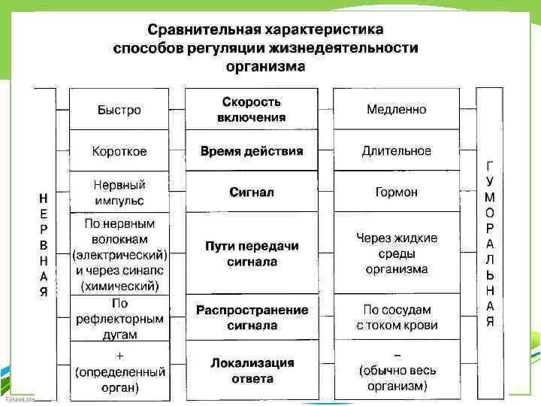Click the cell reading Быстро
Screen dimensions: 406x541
pyautogui.click(x=119, y=110)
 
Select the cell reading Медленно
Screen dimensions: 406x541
pyautogui.click(x=396, y=110)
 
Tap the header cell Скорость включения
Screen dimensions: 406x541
pyautogui.click(x=252, y=110)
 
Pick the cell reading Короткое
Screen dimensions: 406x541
pyautogui.click(x=119, y=151)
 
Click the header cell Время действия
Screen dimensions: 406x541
pyautogui.click(x=252, y=151)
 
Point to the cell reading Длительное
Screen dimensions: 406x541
pyautogui.click(x=396, y=151)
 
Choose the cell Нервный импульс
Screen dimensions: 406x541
pyautogui.click(x=119, y=192)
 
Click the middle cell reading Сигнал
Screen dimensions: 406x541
pyautogui.click(x=252, y=192)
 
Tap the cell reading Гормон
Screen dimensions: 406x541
pyautogui.click(x=396, y=192)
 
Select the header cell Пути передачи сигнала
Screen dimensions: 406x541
pyautogui.click(x=252, y=254)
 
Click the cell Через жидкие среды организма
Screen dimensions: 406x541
pyautogui.click(x=396, y=253)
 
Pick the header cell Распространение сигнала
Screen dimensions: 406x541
pyautogui.click(x=252, y=318)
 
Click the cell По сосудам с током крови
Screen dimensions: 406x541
pyautogui.click(x=396, y=318)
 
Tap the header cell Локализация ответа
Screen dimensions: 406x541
pyautogui.click(x=252, y=371)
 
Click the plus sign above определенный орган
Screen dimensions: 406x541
pyautogui.click(x=119, y=354)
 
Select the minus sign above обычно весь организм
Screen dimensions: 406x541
pyautogui.click(x=397, y=354)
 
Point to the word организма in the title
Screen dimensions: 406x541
pyautogui.click(x=265, y=66)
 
